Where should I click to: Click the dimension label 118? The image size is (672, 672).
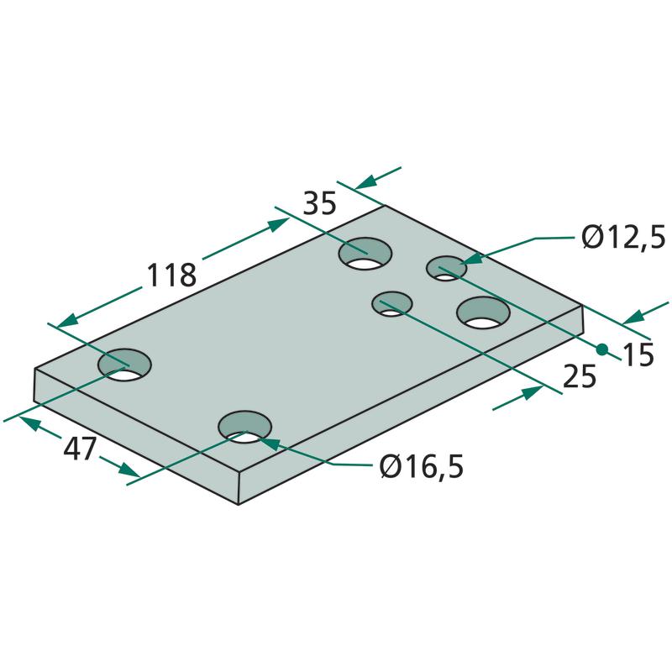171,275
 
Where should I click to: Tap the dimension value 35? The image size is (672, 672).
320,203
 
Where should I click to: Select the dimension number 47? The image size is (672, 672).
80,449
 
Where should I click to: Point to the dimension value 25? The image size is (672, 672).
580,376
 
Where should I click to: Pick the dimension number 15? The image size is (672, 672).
638,354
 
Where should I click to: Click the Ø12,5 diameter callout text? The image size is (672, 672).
623,238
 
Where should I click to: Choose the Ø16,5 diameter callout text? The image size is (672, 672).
422,467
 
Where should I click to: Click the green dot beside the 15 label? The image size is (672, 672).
601,349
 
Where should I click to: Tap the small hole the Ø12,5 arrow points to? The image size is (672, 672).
446,268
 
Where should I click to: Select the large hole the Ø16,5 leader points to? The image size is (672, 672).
244,428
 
